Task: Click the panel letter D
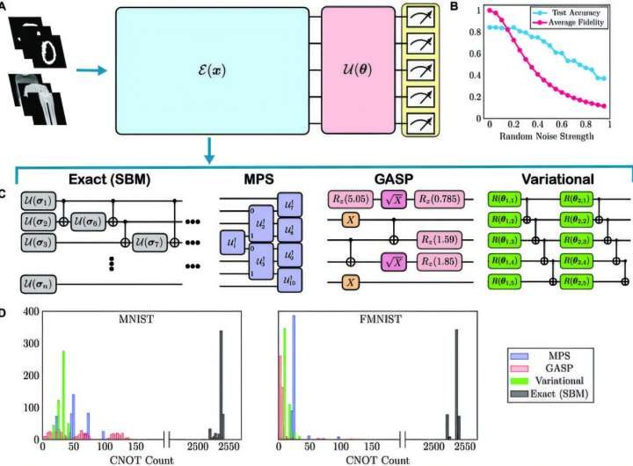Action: pos(6,309)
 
